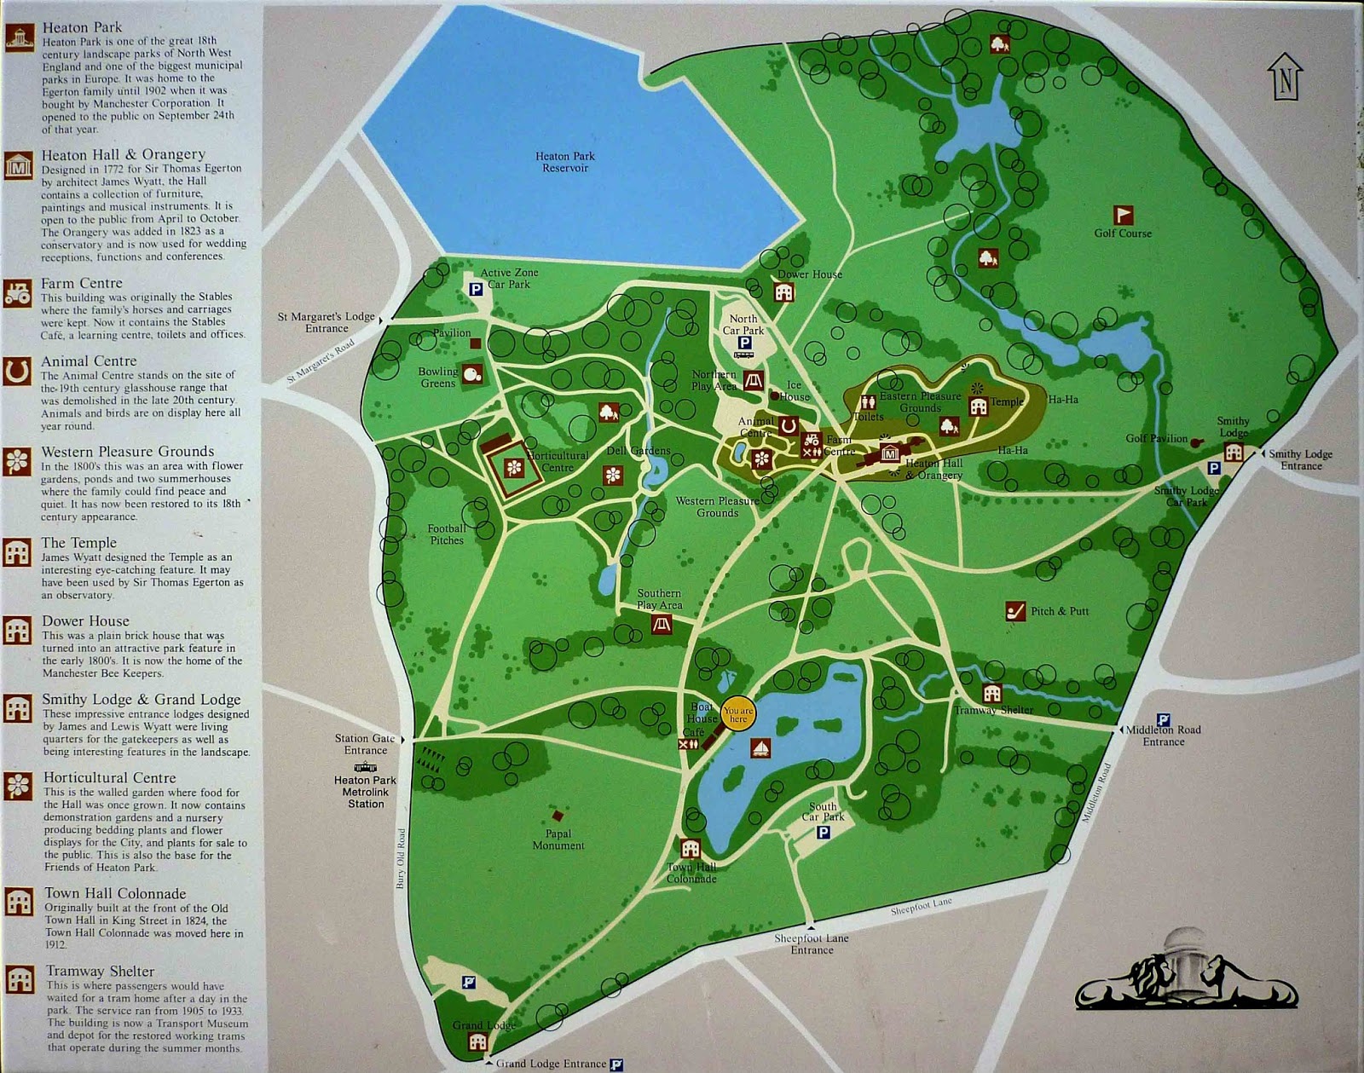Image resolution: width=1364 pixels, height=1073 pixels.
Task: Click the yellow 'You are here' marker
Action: click(x=738, y=714)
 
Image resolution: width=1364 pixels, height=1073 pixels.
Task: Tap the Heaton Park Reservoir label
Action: click(x=565, y=162)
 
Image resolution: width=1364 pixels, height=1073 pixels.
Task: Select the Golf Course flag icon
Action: click(x=1124, y=214)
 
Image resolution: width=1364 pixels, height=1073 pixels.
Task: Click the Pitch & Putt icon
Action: click(x=1014, y=611)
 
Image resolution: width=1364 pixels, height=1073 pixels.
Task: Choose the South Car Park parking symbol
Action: click(x=824, y=832)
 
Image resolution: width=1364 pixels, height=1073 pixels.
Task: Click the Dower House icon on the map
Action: click(x=783, y=292)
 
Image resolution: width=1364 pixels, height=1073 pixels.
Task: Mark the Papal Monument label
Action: click(x=558, y=839)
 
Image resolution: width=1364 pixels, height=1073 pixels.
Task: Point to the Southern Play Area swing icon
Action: click(x=662, y=625)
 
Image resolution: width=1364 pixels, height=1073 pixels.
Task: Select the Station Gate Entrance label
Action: click(x=366, y=744)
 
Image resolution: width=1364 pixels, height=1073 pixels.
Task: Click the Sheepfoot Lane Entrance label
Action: click(x=812, y=943)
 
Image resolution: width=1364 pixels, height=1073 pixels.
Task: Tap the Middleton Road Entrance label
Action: click(x=1164, y=736)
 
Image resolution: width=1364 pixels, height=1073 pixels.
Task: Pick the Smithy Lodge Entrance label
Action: click(x=1300, y=459)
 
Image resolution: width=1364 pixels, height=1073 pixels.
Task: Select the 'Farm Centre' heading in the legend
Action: click(x=82, y=283)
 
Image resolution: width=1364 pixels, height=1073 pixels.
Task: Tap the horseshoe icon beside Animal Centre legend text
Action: click(x=17, y=372)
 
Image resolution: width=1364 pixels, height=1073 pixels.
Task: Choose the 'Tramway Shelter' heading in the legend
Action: click(x=101, y=971)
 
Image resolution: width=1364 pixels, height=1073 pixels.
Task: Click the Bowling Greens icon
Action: click(x=474, y=372)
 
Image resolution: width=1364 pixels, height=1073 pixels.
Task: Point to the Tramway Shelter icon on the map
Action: click(x=991, y=693)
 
